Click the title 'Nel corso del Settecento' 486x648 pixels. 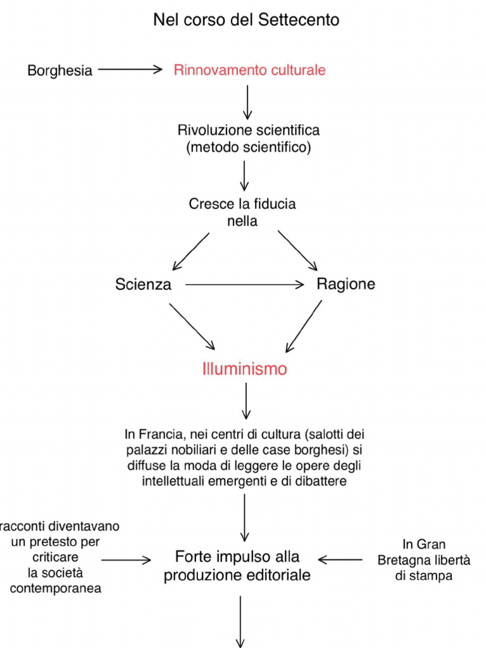246,20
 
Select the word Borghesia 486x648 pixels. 59,70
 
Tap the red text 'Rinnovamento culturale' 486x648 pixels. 249,70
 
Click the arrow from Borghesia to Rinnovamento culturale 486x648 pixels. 130,70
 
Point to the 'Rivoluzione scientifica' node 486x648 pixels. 248,130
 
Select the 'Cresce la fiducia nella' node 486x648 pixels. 242,212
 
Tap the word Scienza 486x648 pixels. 143,285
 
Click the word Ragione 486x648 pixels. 346,284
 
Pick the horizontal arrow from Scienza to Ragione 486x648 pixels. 244,285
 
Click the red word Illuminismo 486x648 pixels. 244,369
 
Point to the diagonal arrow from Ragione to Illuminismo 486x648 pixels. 304,326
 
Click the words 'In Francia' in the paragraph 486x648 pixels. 147,435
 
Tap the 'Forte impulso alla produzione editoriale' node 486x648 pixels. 237,566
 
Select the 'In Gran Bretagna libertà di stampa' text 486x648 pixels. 415,560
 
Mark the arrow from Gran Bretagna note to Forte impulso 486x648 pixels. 340,559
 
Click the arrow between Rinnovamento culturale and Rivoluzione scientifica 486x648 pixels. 247,101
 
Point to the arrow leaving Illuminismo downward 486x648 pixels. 246,402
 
